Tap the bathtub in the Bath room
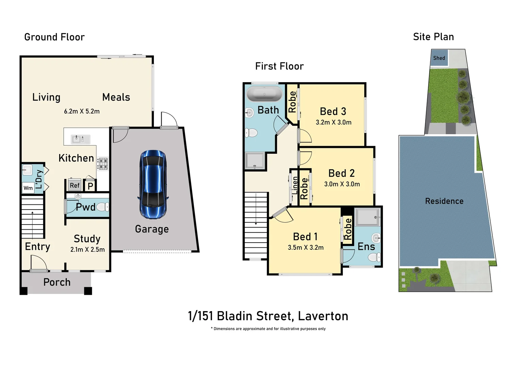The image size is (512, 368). tap(265, 93)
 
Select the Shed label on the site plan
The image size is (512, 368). tap(439, 58)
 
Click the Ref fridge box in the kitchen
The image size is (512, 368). tap(75, 185)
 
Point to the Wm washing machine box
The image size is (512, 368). tap(28, 188)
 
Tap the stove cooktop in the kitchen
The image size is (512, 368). tap(103, 164)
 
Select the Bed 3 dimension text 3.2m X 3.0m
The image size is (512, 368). tap(333, 122)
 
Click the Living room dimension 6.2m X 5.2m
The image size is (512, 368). tap(82, 111)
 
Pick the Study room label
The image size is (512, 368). tap(87, 239)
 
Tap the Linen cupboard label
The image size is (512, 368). tap(294, 185)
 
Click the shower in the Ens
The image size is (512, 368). tap(367, 217)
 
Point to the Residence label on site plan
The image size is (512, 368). tap(444, 201)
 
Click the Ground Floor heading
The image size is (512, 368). tap(54, 37)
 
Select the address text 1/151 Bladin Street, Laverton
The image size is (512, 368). tap(268, 316)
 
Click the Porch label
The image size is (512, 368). tap(57, 282)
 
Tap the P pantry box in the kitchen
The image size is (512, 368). tap(91, 186)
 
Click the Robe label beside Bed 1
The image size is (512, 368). tap(348, 229)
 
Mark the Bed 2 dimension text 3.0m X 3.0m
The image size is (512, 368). tap(342, 184)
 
